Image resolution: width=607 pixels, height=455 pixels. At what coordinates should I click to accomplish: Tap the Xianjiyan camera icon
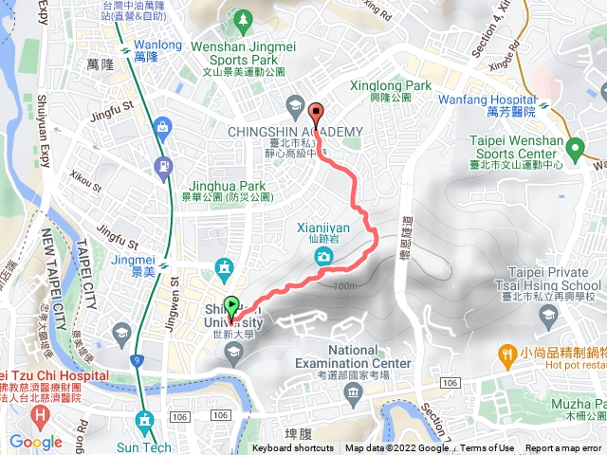(x=325, y=257)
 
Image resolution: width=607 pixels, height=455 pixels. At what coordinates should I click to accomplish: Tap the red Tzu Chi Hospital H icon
(x=39, y=416)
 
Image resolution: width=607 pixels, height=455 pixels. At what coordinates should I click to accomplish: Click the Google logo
(x=35, y=442)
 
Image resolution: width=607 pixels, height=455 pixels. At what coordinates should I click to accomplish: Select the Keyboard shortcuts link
(x=293, y=448)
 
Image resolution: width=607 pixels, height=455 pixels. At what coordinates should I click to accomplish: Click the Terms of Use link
(x=488, y=448)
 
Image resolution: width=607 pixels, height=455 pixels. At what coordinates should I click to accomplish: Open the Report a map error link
(x=563, y=448)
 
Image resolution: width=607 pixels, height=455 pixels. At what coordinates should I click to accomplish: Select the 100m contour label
(x=347, y=285)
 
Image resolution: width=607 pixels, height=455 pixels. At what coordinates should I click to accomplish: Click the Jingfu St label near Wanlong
(x=112, y=118)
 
